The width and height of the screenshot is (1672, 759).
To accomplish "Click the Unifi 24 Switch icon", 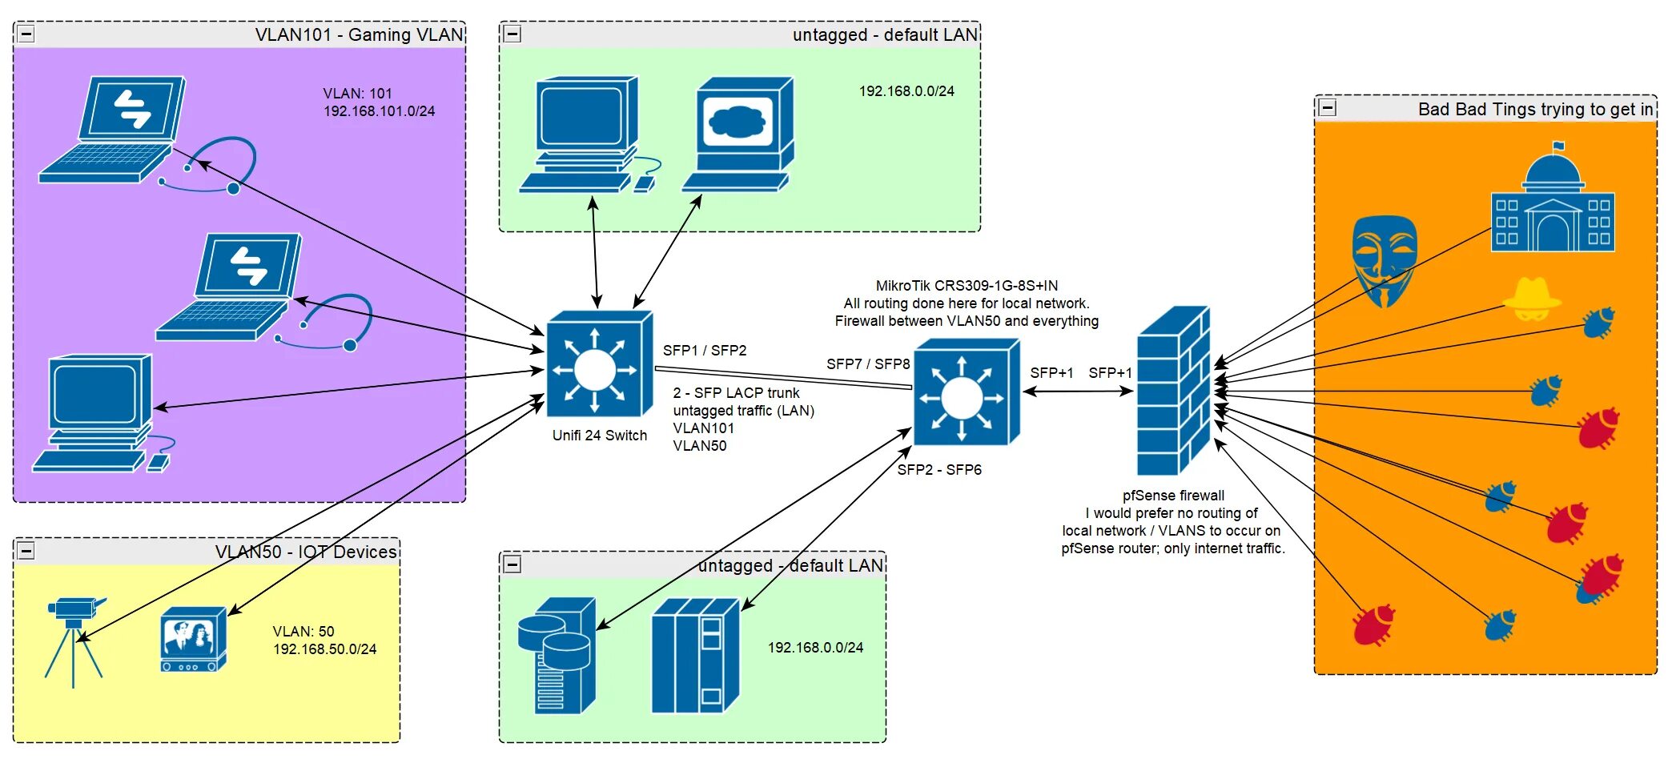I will click(598, 366).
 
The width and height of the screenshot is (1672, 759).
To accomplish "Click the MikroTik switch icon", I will click(966, 393).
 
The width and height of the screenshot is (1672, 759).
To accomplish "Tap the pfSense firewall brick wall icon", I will click(1173, 392).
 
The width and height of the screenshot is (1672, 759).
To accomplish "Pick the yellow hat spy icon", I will click(1532, 299).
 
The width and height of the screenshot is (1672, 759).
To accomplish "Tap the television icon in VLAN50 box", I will click(193, 640).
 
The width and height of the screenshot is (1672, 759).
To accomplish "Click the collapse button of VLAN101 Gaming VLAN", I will click(26, 34).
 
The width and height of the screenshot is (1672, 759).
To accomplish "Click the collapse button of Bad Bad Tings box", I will click(1328, 108).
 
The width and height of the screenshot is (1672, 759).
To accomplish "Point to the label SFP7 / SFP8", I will click(868, 364).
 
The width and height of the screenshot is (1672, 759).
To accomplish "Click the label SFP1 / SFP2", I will click(705, 351).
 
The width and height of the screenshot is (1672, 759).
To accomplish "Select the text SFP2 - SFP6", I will click(939, 470).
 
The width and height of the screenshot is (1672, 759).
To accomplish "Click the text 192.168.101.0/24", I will click(379, 111).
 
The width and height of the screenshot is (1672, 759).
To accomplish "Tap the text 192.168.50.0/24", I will click(324, 649).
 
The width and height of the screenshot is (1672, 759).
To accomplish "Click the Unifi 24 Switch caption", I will click(599, 436).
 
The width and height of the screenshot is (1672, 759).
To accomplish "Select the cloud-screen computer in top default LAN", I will click(739, 135).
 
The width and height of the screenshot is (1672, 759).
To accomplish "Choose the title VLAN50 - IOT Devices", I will click(306, 552).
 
